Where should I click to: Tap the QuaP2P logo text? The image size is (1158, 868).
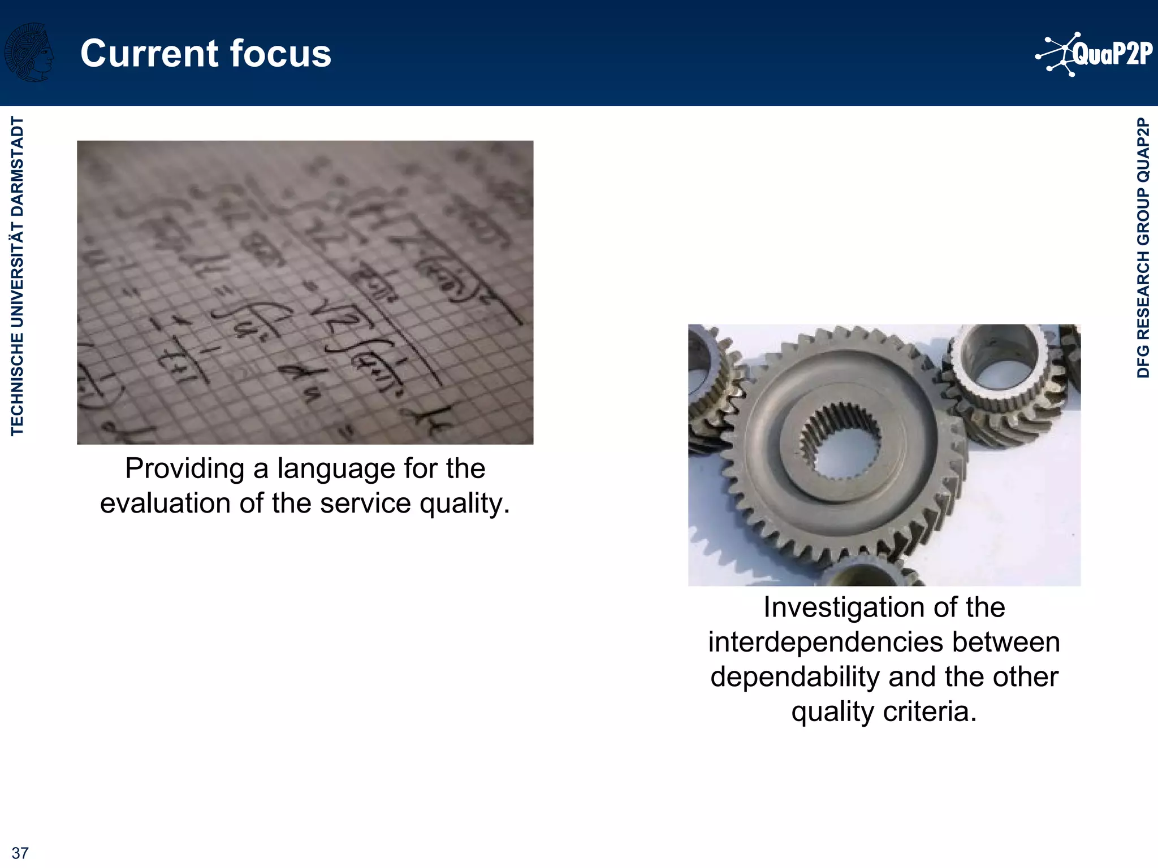tap(1112, 54)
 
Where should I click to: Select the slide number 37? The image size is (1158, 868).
tap(20, 853)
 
